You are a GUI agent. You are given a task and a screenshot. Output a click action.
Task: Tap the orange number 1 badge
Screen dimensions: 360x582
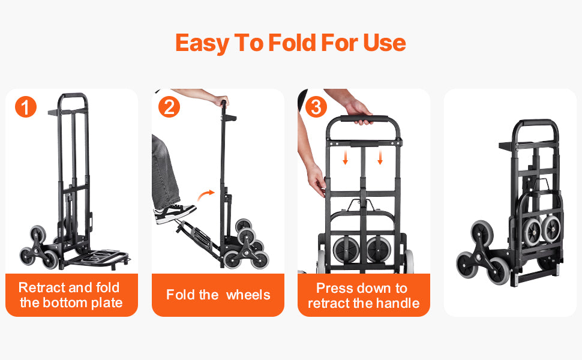click(x=25, y=107)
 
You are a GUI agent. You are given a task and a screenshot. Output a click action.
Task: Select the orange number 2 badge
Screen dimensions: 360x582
click(x=170, y=107)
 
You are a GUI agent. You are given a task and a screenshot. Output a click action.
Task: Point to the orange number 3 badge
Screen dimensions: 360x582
click(x=316, y=107)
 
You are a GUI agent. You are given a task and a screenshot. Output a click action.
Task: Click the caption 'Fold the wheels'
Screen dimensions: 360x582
click(x=218, y=295)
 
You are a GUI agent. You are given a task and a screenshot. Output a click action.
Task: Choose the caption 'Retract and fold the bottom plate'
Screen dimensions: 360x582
click(x=71, y=295)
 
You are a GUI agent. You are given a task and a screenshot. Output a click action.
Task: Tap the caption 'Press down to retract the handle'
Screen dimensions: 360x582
click(x=364, y=295)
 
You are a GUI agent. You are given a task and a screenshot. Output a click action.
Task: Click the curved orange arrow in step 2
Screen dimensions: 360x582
click(x=206, y=194)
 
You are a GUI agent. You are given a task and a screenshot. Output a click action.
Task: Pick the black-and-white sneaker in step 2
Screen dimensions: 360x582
click(x=175, y=213)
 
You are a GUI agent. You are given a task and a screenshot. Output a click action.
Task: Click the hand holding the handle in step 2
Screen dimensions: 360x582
click(x=221, y=100)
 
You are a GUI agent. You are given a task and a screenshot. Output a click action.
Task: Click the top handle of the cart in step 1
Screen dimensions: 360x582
click(x=73, y=96)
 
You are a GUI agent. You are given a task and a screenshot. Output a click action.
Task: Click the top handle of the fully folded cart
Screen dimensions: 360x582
click(x=536, y=124)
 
